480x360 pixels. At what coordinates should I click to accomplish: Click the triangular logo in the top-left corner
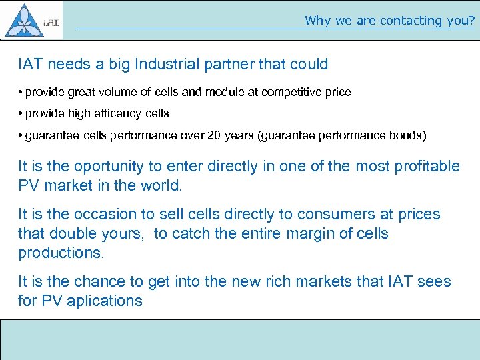24,20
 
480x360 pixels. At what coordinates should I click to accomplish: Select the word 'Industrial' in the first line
169,65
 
